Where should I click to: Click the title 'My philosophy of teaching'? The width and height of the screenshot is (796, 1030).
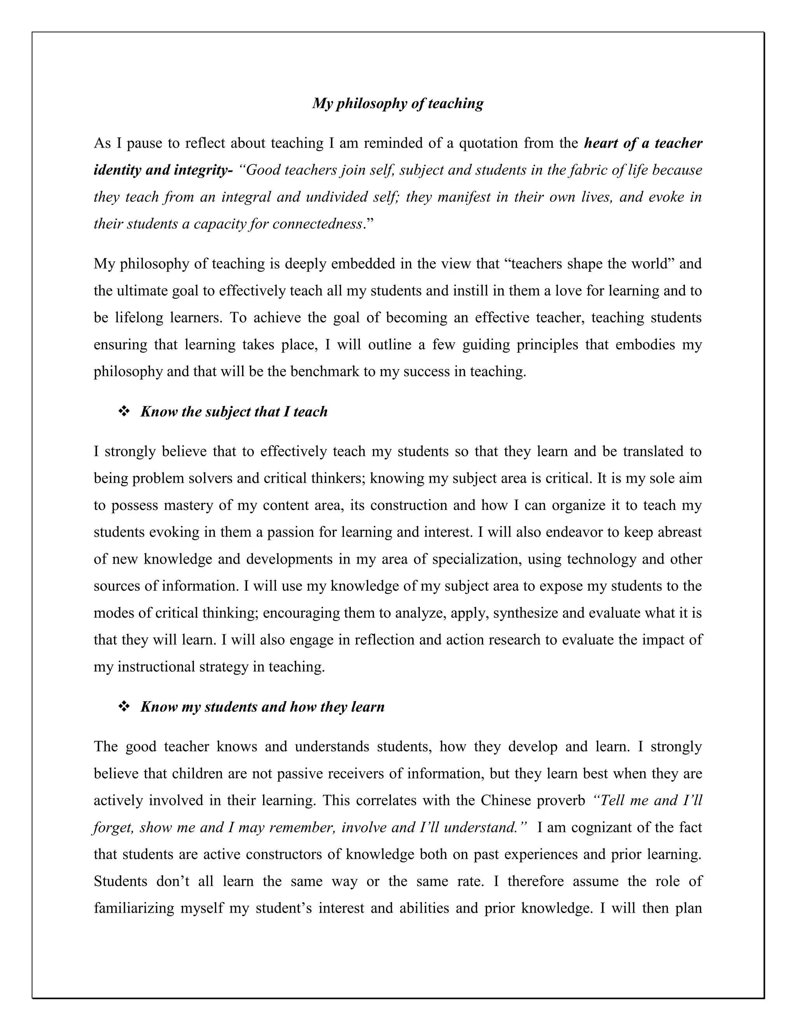tap(398, 103)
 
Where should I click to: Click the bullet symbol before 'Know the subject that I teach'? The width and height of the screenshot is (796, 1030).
tap(124, 412)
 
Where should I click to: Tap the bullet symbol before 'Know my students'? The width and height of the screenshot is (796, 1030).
tap(124, 707)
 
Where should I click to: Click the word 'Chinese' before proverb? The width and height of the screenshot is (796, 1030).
tap(506, 801)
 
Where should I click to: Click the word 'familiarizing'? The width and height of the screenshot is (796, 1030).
tap(134, 908)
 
